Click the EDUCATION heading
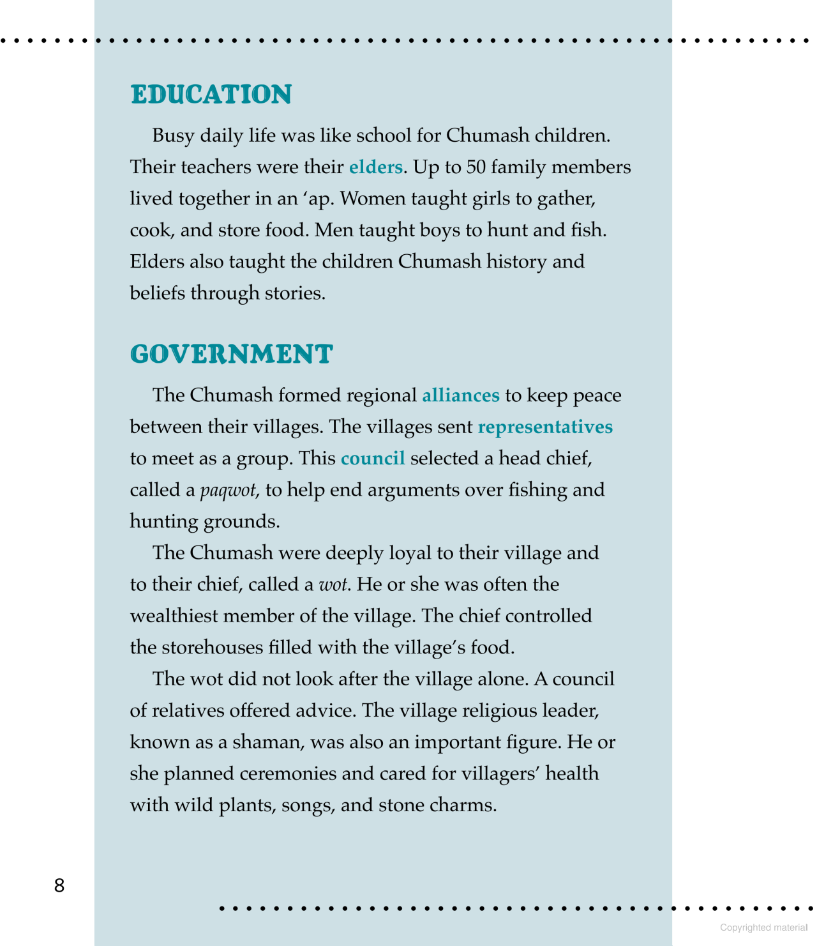[211, 95]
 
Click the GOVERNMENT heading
[231, 355]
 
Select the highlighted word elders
[375, 167]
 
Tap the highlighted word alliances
[460, 395]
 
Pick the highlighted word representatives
[544, 427]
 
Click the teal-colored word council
[373, 459]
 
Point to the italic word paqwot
[228, 491]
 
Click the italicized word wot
[333, 584]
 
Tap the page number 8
[59, 885]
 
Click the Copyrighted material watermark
[763, 927]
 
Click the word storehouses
[212, 648]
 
